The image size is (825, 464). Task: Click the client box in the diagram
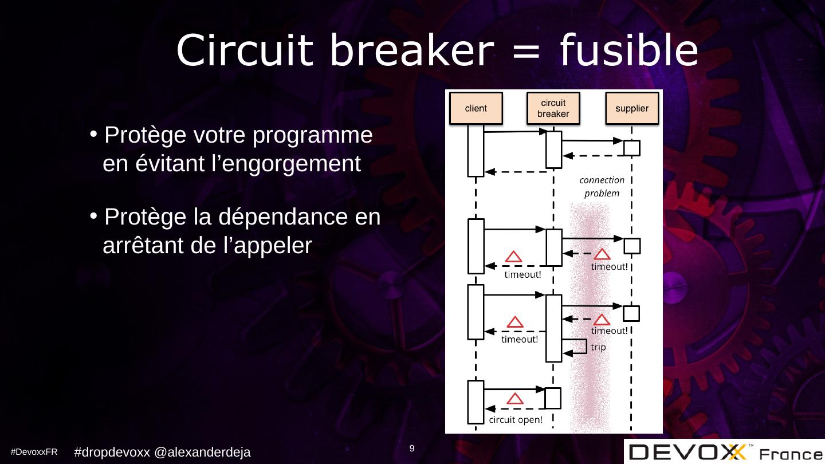(476, 109)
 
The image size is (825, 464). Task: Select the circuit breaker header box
(553, 109)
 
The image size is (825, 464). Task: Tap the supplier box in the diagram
(631, 109)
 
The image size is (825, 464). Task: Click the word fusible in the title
(628, 50)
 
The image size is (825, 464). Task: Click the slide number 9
(412, 448)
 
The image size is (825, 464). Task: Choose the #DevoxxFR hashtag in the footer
(34, 452)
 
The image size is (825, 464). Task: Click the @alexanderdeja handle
(203, 452)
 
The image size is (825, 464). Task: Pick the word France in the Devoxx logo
(791, 454)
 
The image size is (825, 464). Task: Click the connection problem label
(602, 187)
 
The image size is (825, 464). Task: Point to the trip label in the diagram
(598, 347)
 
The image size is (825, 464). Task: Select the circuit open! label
(516, 420)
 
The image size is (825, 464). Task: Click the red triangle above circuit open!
(516, 398)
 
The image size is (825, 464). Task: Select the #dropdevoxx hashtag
(112, 452)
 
